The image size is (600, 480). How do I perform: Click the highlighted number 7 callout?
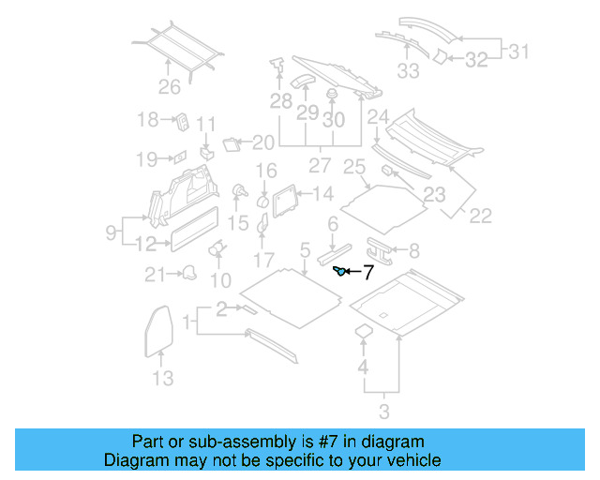click(367, 274)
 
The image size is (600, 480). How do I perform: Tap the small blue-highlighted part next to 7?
click(340, 272)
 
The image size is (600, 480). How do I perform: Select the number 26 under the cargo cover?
click(169, 89)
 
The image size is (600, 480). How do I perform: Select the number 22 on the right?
click(480, 216)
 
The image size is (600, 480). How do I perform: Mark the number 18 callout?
click(148, 119)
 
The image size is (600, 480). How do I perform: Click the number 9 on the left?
click(111, 231)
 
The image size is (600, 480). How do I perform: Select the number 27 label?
click(321, 165)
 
